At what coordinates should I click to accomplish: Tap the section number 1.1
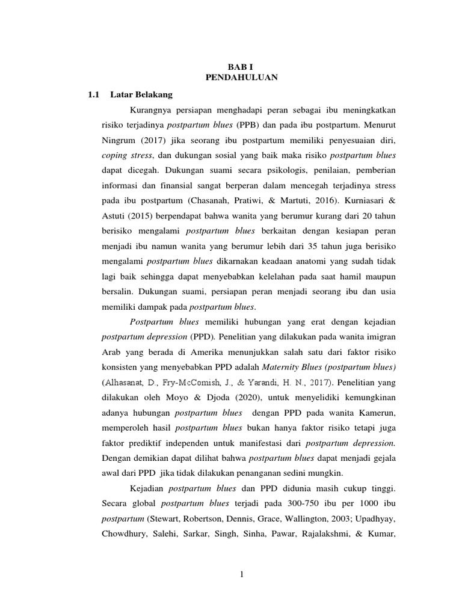tap(93, 94)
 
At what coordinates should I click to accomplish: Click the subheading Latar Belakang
tap(141, 94)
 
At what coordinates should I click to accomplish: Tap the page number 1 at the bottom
tap(241, 574)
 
